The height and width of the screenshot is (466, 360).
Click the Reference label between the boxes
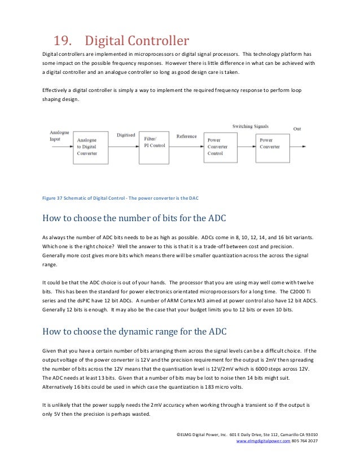pyautogui.click(x=186, y=136)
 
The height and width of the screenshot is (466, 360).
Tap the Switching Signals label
pyautogui.click(x=250, y=126)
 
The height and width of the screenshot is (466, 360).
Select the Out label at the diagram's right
pyautogui.click(x=297, y=129)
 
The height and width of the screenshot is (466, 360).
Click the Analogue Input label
pyautogui.click(x=59, y=135)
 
